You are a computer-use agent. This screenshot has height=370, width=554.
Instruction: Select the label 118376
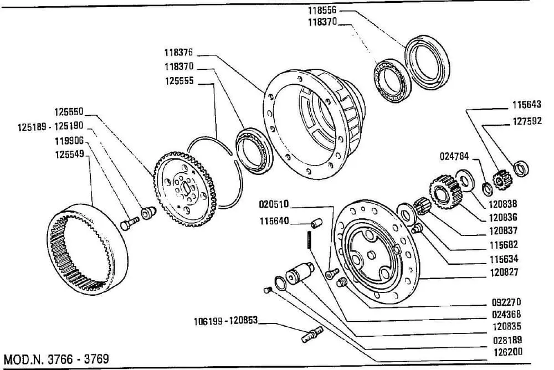[178, 54]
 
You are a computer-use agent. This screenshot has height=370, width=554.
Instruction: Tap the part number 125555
[178, 81]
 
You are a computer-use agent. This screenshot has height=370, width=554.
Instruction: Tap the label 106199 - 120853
[226, 321]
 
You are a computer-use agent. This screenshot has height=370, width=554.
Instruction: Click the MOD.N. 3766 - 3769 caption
[56, 358]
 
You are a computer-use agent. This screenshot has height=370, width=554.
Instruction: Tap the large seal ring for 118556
[427, 60]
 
